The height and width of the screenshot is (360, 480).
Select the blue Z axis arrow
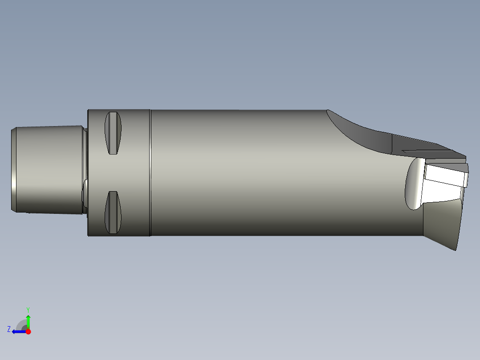[x=19, y=331]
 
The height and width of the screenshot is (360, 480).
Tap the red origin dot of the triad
[x=28, y=331]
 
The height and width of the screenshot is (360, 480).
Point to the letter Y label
[x=28, y=310]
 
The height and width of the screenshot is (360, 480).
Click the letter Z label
[x=9, y=329]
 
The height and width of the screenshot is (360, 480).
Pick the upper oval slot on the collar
[x=113, y=133]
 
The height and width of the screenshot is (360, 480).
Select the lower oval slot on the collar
[x=113, y=213]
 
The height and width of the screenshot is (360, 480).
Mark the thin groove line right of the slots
[x=151, y=172]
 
